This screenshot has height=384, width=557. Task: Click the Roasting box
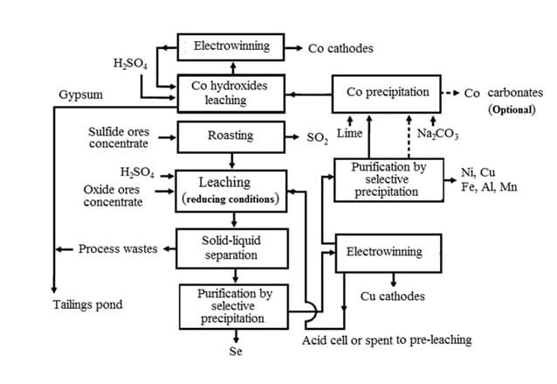click(230, 136)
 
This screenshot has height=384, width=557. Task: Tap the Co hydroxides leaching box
click(230, 94)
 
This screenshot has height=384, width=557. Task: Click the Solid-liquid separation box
click(230, 248)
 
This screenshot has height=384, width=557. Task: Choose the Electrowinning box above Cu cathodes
click(383, 252)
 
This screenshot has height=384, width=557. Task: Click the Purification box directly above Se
click(231, 306)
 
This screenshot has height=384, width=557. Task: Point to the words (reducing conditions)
click(230, 199)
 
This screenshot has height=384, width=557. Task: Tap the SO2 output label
click(314, 137)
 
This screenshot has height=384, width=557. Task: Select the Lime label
click(349, 133)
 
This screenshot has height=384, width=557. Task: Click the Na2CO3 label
click(437, 133)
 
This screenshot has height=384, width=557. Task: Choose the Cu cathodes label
click(392, 297)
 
